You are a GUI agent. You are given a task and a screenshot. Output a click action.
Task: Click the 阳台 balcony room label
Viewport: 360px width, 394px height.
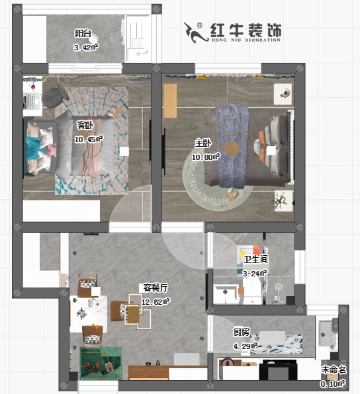click(83, 33)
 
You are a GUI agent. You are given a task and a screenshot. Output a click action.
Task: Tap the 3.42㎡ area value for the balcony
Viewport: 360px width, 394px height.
click(86, 47)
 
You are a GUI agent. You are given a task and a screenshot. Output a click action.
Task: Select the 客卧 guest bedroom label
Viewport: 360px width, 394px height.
click(85, 125)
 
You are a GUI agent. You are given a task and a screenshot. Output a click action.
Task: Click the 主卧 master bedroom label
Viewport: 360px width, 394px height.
click(202, 143)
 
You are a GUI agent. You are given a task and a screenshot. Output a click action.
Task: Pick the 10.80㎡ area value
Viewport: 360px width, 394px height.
click(206, 157)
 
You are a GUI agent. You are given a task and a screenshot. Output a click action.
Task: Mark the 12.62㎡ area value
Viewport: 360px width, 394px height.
click(156, 301)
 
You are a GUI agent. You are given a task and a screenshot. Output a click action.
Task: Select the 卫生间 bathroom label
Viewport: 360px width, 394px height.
click(255, 260)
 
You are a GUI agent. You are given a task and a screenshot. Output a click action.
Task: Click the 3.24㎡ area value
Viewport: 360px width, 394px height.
click(255, 273)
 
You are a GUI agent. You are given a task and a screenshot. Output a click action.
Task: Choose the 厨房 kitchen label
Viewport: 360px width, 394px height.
click(241, 333)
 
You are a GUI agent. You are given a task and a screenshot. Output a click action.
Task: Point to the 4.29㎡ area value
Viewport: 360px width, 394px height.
click(245, 346)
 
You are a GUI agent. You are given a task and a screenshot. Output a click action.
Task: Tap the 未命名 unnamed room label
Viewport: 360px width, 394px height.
click(333, 370)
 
